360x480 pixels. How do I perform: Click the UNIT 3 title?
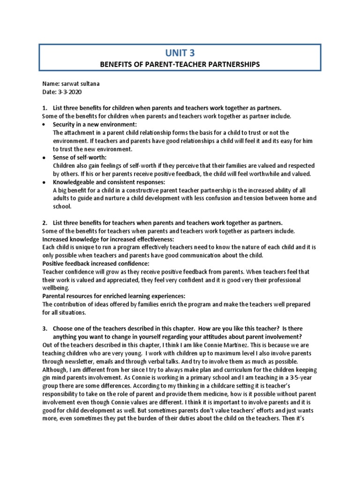[x=180, y=53]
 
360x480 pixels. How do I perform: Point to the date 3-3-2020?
[x=71, y=92]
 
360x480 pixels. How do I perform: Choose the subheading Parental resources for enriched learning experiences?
[x=114, y=296]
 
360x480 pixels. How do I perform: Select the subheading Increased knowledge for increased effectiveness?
[x=105, y=239]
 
